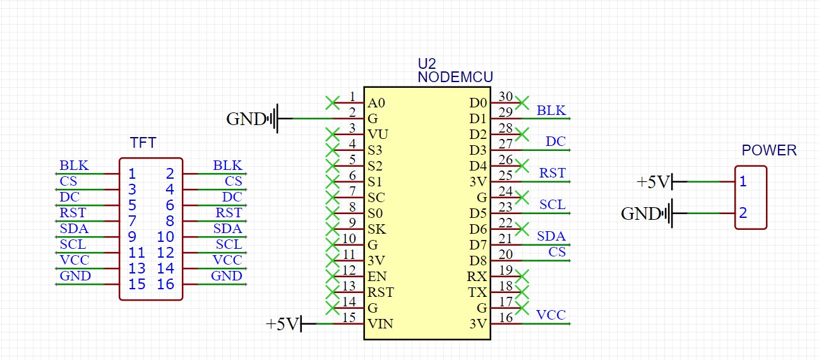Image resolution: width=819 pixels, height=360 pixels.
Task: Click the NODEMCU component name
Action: click(455, 77)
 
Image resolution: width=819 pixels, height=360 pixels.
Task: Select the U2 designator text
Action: click(427, 64)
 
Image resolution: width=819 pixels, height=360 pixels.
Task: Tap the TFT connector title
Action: click(143, 143)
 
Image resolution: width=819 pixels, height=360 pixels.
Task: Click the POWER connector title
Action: click(769, 150)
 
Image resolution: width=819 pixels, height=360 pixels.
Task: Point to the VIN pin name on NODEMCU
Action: click(380, 324)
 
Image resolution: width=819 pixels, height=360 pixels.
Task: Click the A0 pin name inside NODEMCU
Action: click(376, 103)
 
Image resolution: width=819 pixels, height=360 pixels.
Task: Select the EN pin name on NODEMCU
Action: click(377, 277)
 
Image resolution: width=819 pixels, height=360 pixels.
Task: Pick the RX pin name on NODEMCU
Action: click(477, 277)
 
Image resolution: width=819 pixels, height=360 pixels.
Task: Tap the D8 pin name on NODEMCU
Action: click(478, 261)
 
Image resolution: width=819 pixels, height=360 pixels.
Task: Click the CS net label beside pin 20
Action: click(557, 252)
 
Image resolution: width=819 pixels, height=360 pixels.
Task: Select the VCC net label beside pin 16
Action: click(551, 315)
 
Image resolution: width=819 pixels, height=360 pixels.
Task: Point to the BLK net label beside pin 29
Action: click(551, 110)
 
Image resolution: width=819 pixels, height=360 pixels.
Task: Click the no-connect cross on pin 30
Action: click(522, 103)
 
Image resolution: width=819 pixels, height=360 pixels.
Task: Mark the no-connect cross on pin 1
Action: click(332, 103)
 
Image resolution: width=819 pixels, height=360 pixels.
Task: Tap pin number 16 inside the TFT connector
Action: click(165, 284)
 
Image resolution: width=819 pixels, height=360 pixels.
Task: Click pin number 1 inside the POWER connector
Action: click(743, 181)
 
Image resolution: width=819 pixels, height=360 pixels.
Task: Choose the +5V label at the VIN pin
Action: click(283, 324)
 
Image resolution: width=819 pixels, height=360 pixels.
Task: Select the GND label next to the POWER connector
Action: click(640, 213)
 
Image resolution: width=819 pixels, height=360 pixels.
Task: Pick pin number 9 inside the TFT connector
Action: click(132, 237)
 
